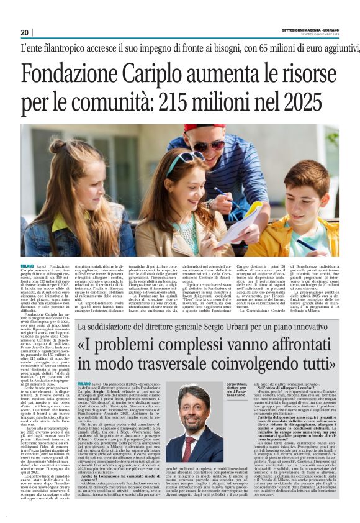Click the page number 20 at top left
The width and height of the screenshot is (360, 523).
pyautogui.click(x=25, y=32)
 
